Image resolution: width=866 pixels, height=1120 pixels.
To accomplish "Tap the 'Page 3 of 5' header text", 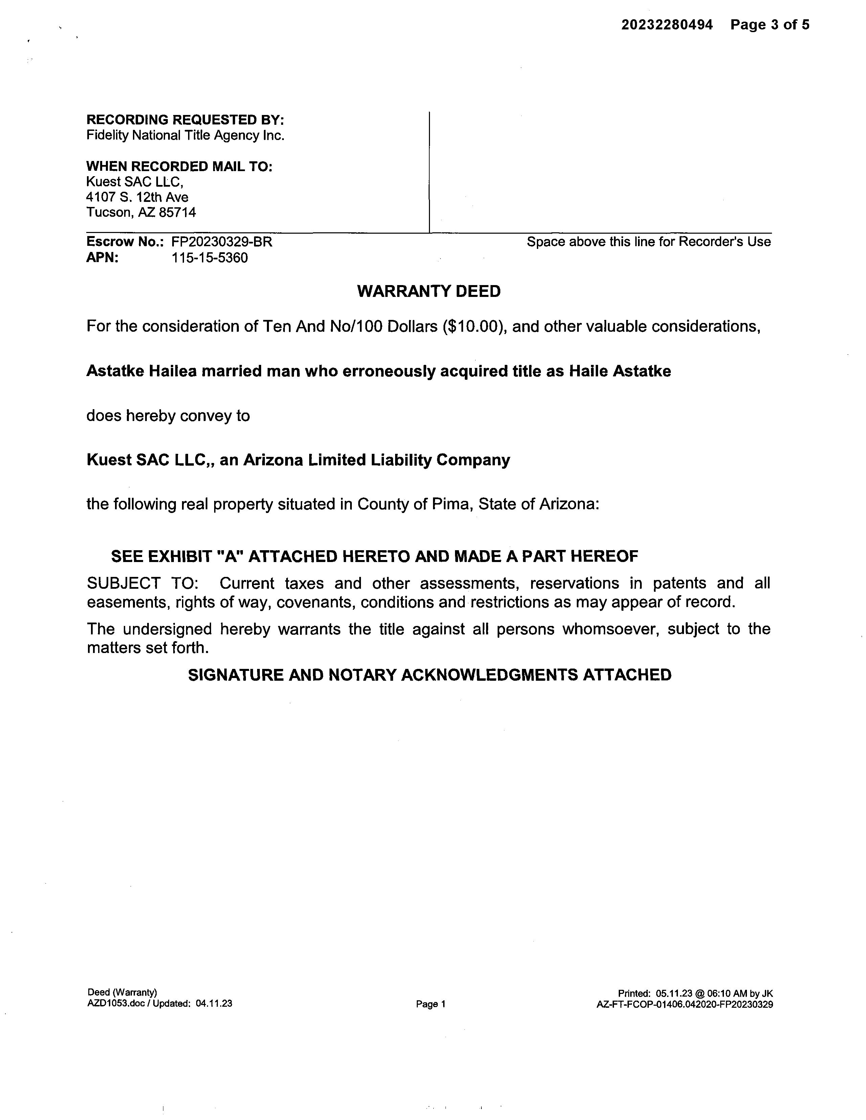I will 770,25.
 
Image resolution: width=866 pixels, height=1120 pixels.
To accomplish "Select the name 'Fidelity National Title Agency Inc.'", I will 185,135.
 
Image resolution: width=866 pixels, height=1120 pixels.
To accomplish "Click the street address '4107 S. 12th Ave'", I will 137,197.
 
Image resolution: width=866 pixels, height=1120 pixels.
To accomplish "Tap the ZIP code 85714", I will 178,212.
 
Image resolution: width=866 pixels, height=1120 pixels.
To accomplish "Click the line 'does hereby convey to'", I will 168,415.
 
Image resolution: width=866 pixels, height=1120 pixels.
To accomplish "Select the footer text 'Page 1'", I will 430,1004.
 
